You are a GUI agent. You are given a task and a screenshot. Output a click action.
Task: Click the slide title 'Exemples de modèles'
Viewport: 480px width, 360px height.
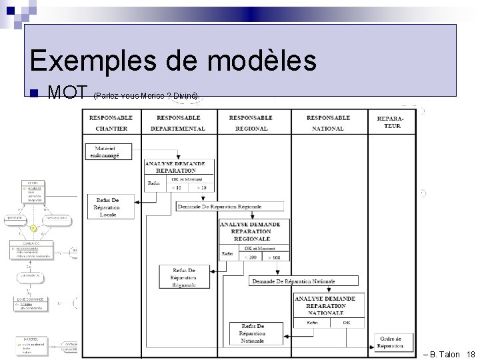173,61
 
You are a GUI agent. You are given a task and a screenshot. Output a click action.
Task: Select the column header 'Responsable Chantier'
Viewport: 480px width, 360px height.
111,123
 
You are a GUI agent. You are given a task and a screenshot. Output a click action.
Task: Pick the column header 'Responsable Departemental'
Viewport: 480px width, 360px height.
178,123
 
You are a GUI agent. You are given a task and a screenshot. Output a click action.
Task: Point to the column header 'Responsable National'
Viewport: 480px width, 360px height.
328,123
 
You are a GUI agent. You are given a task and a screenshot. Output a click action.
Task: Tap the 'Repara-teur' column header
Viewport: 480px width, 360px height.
389,122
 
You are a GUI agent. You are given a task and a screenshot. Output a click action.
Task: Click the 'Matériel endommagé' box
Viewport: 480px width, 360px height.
108,151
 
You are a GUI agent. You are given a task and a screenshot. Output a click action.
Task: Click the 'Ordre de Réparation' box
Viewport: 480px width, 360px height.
390,341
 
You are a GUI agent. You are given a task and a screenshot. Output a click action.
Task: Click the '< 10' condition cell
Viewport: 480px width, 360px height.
177,187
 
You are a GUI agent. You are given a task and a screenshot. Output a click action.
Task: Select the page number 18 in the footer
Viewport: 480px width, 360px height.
471,354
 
